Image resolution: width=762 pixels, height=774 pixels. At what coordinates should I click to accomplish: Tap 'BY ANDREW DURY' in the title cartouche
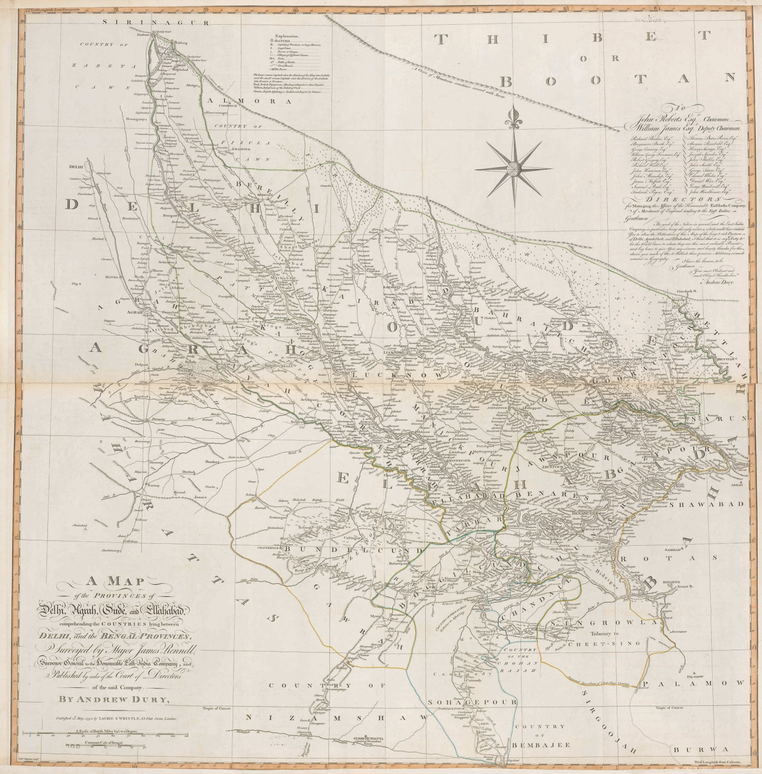tap(114, 699)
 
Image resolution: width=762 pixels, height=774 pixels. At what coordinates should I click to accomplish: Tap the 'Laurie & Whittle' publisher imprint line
tap(116, 718)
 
